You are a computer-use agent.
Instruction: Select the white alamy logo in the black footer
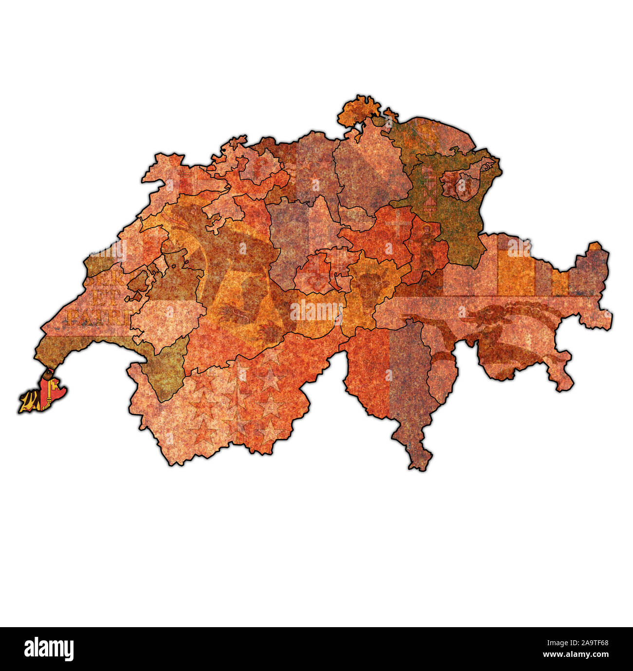[x=49, y=649]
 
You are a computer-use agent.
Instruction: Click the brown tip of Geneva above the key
[x=47, y=375]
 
